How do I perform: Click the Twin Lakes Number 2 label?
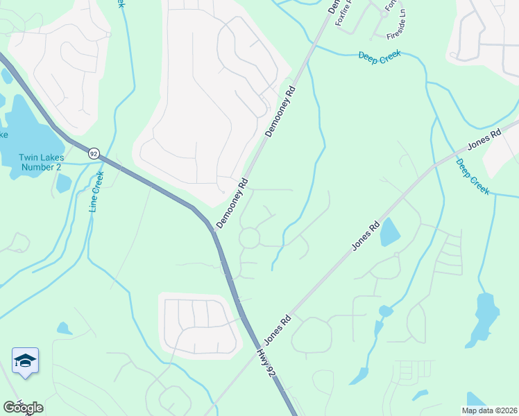click(42, 162)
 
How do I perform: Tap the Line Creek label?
click(95, 192)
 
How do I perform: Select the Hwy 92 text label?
click(268, 363)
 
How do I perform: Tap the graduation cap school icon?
click(25, 361)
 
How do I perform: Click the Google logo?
click(23, 407)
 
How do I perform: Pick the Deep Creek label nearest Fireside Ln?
click(380, 57)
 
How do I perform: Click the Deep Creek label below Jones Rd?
click(473, 176)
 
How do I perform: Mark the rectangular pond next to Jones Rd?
click(389, 232)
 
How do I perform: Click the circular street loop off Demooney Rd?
click(249, 238)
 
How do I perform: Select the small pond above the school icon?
click(64, 327)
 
